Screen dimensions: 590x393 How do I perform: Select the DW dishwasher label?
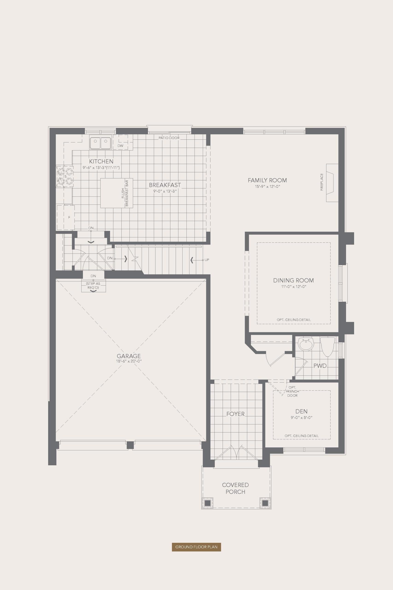pyautogui.click(x=120, y=146)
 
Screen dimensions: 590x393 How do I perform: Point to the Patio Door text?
pyautogui.click(x=169, y=138)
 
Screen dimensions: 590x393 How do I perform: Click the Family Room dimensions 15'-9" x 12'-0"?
pyautogui.click(x=267, y=187)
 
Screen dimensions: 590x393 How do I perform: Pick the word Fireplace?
pyautogui.click(x=322, y=182)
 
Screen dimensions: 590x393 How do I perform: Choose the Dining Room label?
pyautogui.click(x=293, y=280)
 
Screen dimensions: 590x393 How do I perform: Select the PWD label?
pyautogui.click(x=320, y=366)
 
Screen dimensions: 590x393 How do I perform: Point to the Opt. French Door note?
pyautogui.click(x=292, y=391)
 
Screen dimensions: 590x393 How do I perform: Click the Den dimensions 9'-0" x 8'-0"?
pyautogui.click(x=302, y=418)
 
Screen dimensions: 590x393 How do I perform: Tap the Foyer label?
pyautogui.click(x=235, y=414)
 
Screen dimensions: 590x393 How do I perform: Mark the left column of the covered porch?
pyautogui.click(x=207, y=503)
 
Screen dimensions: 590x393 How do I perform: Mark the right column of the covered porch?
pyautogui.click(x=265, y=503)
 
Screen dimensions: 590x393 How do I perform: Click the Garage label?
pyautogui.click(x=128, y=356)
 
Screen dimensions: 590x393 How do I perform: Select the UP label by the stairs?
pyautogui.click(x=207, y=260)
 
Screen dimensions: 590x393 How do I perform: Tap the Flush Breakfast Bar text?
pyautogui.click(x=125, y=193)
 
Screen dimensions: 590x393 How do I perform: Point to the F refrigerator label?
pyautogui.click(x=70, y=217)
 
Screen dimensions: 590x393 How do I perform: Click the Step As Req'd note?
pyautogui.click(x=93, y=286)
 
